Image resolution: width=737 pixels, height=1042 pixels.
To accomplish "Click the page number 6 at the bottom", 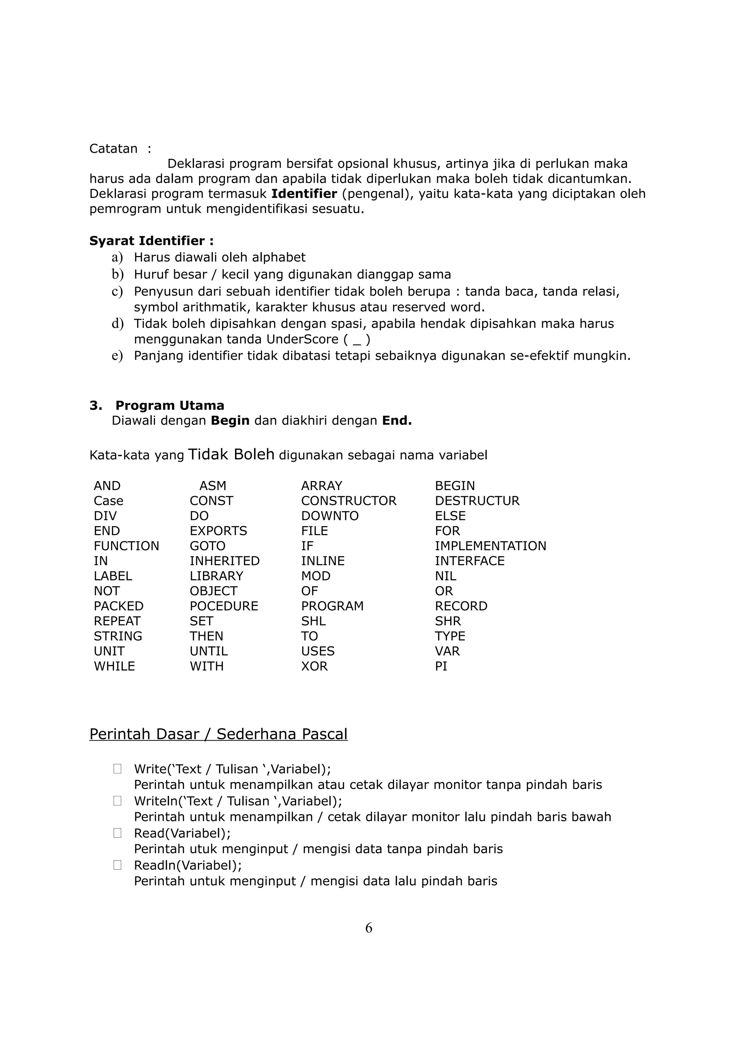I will pos(368,928).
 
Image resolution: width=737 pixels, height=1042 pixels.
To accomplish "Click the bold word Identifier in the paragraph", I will pos(304,194).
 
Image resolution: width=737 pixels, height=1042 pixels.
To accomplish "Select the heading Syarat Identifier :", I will pos(151,241).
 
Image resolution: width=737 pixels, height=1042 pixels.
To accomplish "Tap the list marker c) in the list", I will pos(117,291).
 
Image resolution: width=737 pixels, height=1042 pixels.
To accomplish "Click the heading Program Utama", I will pos(169,405).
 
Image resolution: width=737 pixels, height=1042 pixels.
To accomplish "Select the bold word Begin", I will pos(230,421).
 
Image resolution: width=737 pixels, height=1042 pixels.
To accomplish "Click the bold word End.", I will pos(397,421).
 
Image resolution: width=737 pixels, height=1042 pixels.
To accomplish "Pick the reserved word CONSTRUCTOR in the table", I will pos(348,501).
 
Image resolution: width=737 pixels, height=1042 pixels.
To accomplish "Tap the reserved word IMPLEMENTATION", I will pos(490,545).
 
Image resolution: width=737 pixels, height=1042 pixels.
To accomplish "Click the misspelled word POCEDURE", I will pos(223,606).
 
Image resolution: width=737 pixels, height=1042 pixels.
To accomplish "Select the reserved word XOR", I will pos(314,666).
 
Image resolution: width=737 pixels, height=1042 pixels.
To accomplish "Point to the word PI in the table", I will pos(440,666).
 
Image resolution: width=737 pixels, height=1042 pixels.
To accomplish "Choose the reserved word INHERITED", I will pos(224,561).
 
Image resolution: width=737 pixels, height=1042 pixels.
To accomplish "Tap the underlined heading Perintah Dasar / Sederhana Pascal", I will pos(218,734).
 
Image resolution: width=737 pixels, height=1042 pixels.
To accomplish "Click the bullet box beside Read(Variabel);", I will pos(117,833).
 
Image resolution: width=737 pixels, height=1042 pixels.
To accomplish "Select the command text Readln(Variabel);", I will pos(187,865).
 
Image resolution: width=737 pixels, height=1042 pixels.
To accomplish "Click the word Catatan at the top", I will pos(113,148).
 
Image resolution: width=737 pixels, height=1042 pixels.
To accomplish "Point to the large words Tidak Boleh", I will pos(231,454).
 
